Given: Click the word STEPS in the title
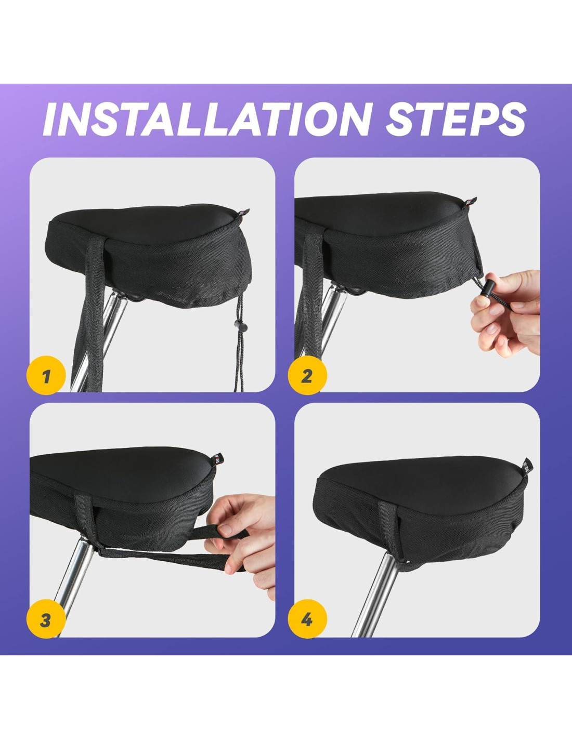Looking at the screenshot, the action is point(456,118).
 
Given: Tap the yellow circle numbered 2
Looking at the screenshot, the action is point(307,376).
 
